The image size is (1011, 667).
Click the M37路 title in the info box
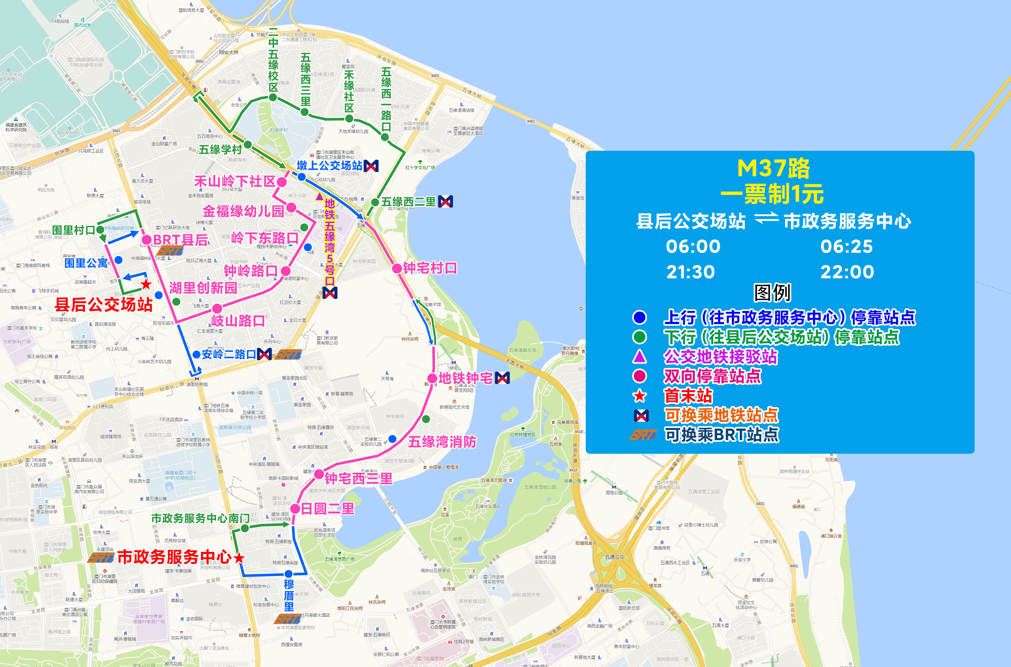pos(773,169)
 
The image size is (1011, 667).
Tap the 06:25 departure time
pos(846,246)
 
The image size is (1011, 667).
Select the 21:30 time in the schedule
pos(690,272)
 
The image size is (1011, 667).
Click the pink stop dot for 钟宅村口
pos(397,268)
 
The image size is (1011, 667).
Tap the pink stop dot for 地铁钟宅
pos(432,378)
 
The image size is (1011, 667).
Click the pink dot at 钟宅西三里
pos(319,475)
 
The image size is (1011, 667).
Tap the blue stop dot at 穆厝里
pos(289,574)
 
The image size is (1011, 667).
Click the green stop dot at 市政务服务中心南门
pos(245,528)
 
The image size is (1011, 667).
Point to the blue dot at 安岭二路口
pos(196,354)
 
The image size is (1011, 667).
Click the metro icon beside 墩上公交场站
pos(371,166)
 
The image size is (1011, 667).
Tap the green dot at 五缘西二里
pos(375,202)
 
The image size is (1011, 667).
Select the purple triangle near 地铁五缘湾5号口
pos(319,197)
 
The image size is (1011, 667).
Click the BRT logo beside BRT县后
pos(170,251)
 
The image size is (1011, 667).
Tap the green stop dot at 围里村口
pos(101,230)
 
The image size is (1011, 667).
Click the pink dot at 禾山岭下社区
pos(281,182)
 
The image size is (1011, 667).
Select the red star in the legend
pos(639,396)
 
